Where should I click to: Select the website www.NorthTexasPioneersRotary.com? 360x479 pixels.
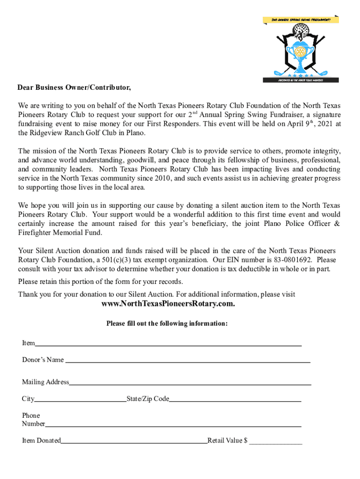pyautogui.click(x=168, y=304)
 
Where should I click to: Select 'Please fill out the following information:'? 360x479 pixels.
pyautogui.click(x=167, y=324)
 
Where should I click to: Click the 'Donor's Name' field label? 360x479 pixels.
pyautogui.click(x=43, y=360)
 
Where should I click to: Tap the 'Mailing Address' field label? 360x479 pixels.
pyautogui.click(x=45, y=382)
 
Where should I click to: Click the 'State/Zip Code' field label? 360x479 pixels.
pyautogui.click(x=148, y=399)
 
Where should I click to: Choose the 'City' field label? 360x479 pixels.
pyautogui.click(x=28, y=399)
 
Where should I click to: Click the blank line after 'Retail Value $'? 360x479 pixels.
pyautogui.click(x=275, y=441)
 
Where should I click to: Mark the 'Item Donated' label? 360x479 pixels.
pyautogui.click(x=41, y=441)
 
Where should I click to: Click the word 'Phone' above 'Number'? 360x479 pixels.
pyautogui.click(x=31, y=415)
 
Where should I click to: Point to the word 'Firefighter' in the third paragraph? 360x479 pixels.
pyautogui.click(x=36, y=232)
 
